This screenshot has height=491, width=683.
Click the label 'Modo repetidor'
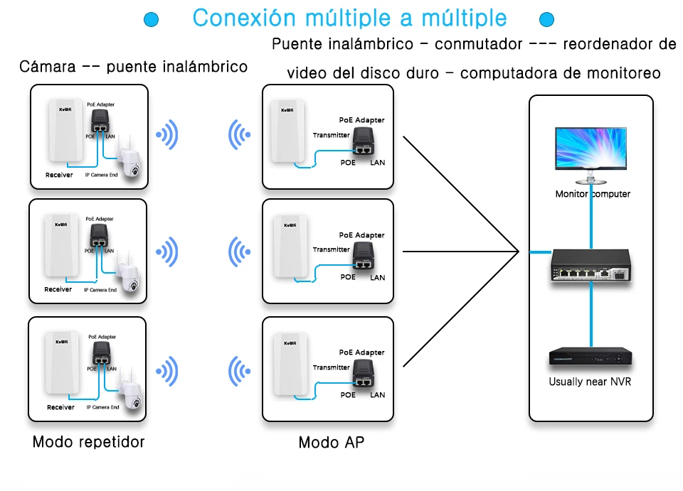click(88, 442)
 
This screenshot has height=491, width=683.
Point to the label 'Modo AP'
click(331, 443)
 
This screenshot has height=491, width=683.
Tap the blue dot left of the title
click(151, 19)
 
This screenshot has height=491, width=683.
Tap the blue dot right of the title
click(546, 19)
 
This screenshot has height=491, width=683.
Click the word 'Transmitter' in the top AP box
click(332, 135)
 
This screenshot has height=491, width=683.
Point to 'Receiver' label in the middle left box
click(58, 289)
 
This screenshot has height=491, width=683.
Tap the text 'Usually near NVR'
click(590, 382)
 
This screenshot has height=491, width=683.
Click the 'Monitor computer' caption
click(593, 194)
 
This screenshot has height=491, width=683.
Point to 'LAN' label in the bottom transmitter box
click(378, 395)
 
